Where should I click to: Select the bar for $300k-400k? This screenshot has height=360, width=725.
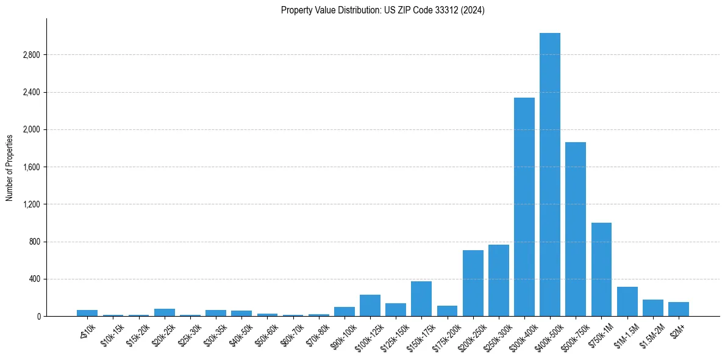click(x=524, y=207)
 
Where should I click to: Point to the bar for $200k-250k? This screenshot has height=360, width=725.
click(x=473, y=283)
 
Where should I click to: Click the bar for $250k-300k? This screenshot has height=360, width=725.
click(x=498, y=281)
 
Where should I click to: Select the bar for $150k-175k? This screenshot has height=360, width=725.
click(x=421, y=299)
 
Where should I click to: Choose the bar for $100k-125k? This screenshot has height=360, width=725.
click(x=370, y=306)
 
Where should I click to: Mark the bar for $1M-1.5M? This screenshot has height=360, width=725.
click(x=627, y=301)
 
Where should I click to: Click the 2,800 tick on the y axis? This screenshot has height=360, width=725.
click(x=31, y=55)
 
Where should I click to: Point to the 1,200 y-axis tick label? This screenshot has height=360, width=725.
click(x=31, y=204)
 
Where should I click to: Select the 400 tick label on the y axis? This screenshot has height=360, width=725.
click(x=34, y=279)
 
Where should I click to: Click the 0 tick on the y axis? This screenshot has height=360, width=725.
click(x=38, y=317)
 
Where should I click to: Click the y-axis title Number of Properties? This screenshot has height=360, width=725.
click(x=10, y=168)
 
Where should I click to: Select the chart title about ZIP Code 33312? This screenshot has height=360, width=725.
click(x=383, y=10)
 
